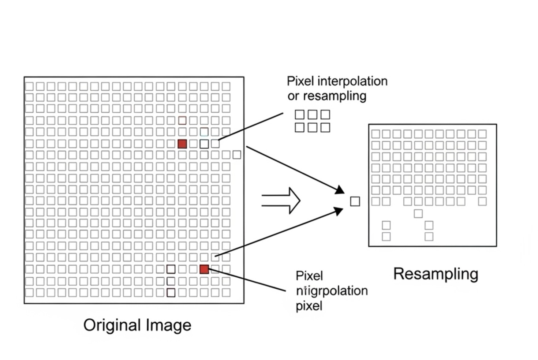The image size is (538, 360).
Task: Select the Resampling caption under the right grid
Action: [436, 274]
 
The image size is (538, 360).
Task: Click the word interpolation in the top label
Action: [352, 81]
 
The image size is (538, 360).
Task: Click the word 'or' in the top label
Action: [294, 96]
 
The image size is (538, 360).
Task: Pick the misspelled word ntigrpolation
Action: [332, 291]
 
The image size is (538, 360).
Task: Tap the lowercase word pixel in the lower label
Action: [309, 306]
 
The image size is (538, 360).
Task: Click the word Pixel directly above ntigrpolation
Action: [309, 275]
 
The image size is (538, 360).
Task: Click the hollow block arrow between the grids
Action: [282, 200]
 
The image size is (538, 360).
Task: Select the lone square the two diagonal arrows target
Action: [355, 201]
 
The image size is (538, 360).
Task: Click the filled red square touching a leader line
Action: [204, 270]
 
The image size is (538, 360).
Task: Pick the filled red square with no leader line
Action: [182, 144]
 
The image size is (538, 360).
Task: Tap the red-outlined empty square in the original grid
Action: [182, 120]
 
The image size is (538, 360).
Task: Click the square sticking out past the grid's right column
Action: [237, 155]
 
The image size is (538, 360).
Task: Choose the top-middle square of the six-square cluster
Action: [312, 115]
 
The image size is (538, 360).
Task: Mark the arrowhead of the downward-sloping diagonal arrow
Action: [340, 190]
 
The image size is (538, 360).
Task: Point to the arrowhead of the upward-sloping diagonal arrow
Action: [339, 211]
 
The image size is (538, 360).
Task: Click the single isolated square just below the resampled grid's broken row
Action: [418, 213]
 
